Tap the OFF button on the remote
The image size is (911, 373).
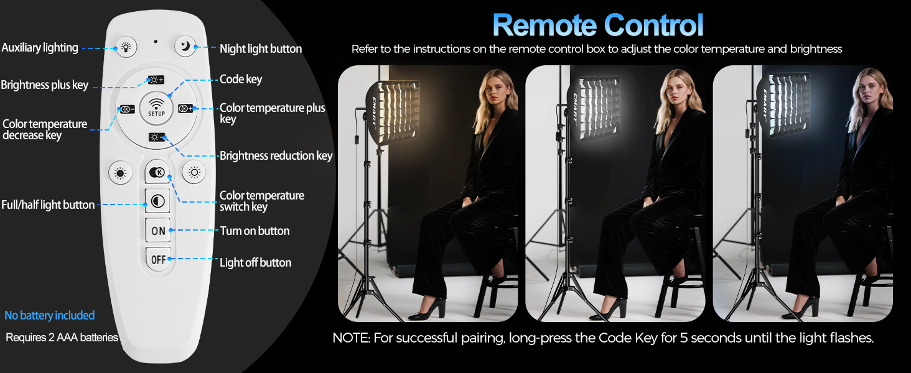click(x=158, y=259)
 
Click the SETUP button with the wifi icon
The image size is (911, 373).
click(x=156, y=106)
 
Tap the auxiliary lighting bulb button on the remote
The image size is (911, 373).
click(x=126, y=46)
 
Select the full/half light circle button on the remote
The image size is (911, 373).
click(x=157, y=200)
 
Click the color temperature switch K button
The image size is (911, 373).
click(x=157, y=172)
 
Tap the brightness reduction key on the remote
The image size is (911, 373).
click(x=156, y=137)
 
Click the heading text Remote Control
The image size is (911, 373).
click(x=597, y=25)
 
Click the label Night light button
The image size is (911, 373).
click(x=260, y=48)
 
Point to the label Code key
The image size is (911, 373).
click(x=240, y=80)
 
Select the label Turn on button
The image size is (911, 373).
click(x=255, y=231)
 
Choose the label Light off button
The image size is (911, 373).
click(x=255, y=262)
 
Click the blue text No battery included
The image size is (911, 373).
click(x=50, y=315)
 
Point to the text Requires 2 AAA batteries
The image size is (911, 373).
click(x=62, y=338)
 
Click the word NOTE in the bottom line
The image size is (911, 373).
click(x=352, y=338)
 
